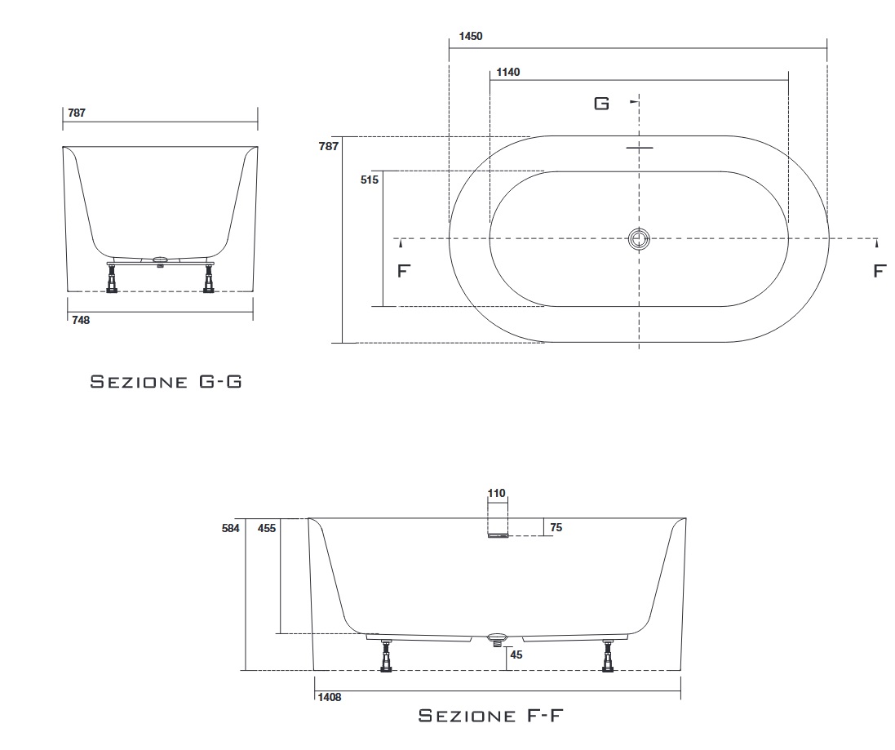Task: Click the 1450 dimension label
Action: tap(471, 36)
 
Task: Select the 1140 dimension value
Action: tap(508, 72)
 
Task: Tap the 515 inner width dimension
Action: tap(370, 180)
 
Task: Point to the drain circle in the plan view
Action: tap(639, 239)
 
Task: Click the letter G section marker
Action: tap(601, 104)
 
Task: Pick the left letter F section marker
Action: tap(404, 271)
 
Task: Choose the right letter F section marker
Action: tap(879, 271)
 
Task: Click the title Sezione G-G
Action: tap(166, 381)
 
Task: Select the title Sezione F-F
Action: tap(491, 715)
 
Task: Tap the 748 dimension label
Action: tap(81, 320)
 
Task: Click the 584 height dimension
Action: tap(231, 529)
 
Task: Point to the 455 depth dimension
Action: tap(267, 529)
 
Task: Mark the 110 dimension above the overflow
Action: tap(497, 493)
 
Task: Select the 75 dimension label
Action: tap(556, 527)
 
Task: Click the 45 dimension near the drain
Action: tap(516, 655)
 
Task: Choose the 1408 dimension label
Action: tap(330, 697)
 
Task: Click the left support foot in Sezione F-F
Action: tap(387, 655)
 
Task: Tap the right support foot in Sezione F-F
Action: tap(607, 655)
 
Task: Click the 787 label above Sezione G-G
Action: tap(77, 113)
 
